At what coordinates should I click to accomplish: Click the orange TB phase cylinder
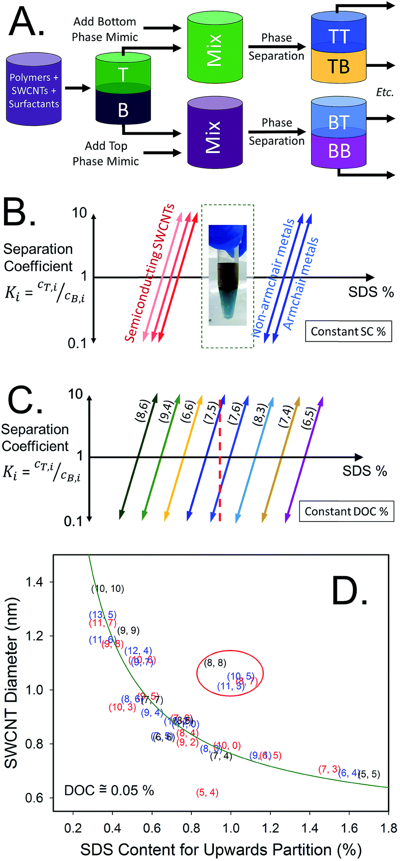pyautogui.click(x=339, y=66)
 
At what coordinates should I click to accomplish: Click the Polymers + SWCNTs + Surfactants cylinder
pyautogui.click(x=34, y=90)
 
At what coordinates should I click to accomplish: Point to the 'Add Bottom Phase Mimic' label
pyautogui.click(x=105, y=29)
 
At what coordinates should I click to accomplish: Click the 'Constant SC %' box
pyautogui.click(x=348, y=331)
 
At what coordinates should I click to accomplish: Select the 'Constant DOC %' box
pyautogui.click(x=346, y=512)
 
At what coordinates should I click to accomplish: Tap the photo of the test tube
pyautogui.click(x=228, y=275)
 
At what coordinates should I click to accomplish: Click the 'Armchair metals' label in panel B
pyautogui.click(x=301, y=284)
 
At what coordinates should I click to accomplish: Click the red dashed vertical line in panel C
pyautogui.click(x=220, y=461)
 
